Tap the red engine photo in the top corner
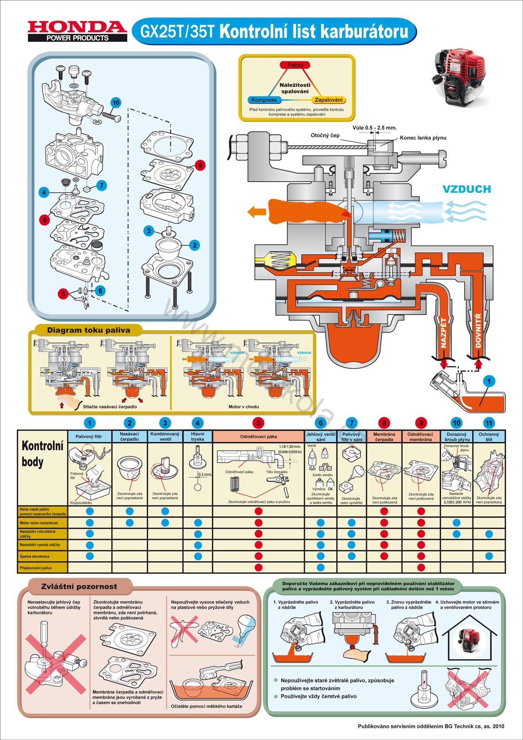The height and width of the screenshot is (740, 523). (462, 76)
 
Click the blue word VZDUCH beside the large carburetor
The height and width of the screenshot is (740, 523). (467, 189)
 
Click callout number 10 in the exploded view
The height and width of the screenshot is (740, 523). (115, 103)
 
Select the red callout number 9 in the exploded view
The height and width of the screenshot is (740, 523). (200, 165)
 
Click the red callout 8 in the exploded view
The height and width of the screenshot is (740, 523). (44, 220)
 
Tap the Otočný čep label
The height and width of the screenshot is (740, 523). (325, 136)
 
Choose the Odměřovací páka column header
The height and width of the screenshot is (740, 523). (258, 436)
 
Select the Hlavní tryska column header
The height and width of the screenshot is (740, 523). (197, 437)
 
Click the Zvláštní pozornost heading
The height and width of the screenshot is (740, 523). (79, 587)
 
